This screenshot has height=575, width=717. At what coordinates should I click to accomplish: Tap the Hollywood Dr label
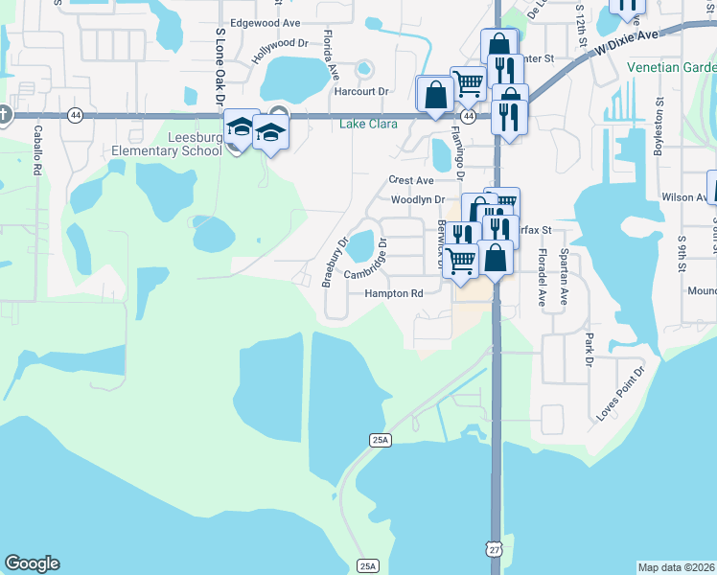click(x=280, y=51)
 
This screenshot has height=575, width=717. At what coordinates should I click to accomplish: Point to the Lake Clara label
click(x=368, y=124)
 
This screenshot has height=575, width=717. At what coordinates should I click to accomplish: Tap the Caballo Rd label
click(x=37, y=149)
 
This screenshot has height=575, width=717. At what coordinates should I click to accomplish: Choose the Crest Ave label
click(x=411, y=180)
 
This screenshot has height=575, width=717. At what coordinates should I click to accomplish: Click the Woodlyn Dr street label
click(x=418, y=199)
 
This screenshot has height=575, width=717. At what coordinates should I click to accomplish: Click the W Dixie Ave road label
click(x=628, y=42)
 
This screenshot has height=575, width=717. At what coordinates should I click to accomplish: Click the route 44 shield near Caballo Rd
click(x=75, y=115)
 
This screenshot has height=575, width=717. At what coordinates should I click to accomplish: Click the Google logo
click(x=32, y=563)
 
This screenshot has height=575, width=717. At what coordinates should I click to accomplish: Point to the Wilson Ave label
click(x=682, y=197)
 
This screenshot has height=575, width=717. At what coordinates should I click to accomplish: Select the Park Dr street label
click(x=590, y=349)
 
